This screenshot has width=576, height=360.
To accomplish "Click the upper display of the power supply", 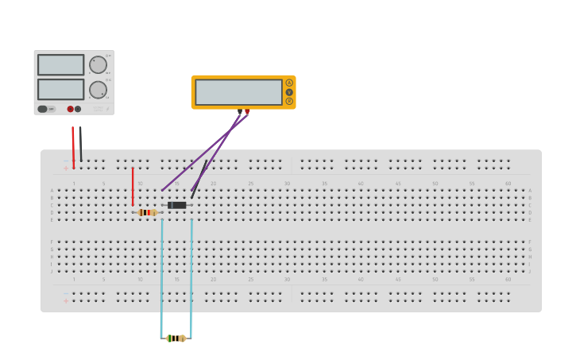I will click(x=60, y=64).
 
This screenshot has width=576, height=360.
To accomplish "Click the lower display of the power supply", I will click(x=60, y=89).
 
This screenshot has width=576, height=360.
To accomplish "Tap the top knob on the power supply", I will click(x=98, y=65).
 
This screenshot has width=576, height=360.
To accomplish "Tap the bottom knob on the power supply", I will click(x=98, y=90).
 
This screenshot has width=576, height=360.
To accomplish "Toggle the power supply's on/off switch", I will click(x=46, y=109).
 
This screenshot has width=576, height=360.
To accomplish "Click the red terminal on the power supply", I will click(x=70, y=109).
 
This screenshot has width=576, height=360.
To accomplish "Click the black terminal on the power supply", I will click(x=78, y=109).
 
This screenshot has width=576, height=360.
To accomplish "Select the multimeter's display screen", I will click(x=238, y=92).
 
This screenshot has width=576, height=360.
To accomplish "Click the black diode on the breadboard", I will click(x=177, y=205).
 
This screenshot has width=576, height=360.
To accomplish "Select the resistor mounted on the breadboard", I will click(x=147, y=212).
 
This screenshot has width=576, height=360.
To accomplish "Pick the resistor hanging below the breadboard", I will click(x=176, y=339).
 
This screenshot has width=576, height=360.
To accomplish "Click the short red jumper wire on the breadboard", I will click(x=133, y=187).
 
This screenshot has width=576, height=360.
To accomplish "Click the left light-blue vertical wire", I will click(x=161, y=274).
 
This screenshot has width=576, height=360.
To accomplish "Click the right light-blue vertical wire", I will click(x=191, y=274).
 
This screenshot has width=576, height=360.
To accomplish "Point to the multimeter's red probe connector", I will click(x=247, y=111).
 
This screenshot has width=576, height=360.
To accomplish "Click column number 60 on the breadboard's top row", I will click(x=508, y=184).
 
